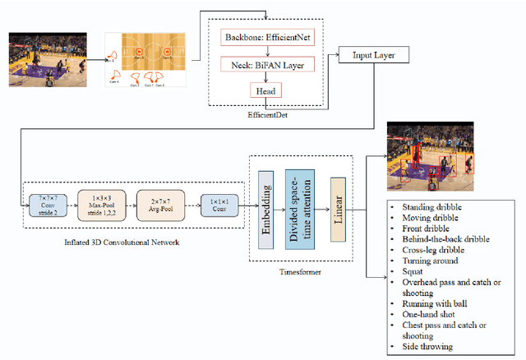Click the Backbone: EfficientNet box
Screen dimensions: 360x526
[x=265, y=39]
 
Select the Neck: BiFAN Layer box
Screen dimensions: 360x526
[x=265, y=64]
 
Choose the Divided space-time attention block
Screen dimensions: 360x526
[x=298, y=205]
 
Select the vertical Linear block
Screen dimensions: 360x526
[x=337, y=206]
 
